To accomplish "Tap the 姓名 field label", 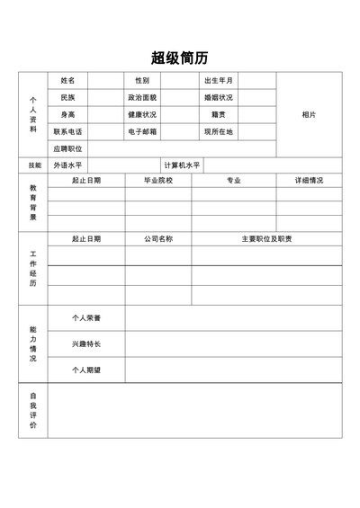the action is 67,80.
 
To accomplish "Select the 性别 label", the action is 142,80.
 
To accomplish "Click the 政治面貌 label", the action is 142,97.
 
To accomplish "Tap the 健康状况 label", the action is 142,114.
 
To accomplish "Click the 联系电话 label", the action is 67,131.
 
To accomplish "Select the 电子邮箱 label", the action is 142,131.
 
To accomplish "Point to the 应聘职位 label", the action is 67,148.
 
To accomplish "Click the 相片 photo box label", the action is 309,114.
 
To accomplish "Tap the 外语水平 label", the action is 67,165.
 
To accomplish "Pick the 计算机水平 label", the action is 182,165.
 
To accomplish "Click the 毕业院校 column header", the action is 157,181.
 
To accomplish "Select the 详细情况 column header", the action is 309,181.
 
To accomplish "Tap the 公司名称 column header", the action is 157,239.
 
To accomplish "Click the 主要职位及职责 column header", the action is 266,239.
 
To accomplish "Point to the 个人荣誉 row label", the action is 86,318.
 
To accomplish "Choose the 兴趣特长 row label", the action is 86,343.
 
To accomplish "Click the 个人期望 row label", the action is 86,370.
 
